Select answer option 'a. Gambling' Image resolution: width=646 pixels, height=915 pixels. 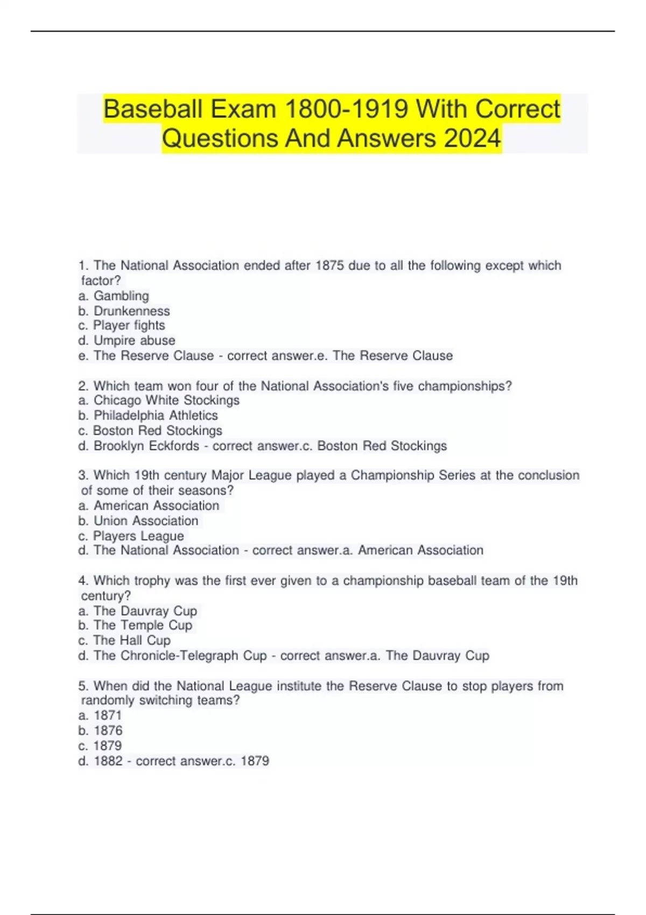(x=114, y=296)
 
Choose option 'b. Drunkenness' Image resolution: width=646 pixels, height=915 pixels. (x=124, y=311)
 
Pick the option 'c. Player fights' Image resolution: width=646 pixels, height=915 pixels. (x=122, y=326)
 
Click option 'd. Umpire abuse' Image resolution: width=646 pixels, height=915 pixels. (x=127, y=341)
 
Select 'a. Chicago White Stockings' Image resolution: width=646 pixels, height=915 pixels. (x=159, y=400)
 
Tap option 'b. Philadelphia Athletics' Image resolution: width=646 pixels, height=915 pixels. (x=148, y=416)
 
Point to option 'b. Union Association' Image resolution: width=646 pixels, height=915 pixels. (x=138, y=521)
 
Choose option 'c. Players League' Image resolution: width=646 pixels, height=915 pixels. (x=131, y=536)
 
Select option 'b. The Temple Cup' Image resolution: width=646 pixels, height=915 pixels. (x=135, y=625)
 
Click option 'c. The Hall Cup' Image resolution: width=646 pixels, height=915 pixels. (x=124, y=640)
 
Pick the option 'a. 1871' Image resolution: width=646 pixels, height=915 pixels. (x=100, y=716)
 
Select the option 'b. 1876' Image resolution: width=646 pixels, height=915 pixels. (x=101, y=731)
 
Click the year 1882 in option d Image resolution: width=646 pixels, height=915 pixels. (x=108, y=761)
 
